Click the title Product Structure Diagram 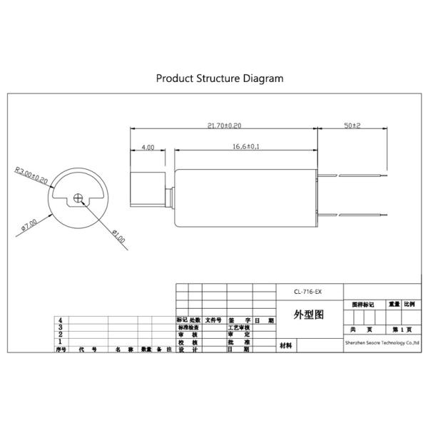[x=220, y=78]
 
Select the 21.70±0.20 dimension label [x=224, y=125]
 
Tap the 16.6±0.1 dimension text [x=245, y=146]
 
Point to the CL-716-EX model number [x=309, y=291]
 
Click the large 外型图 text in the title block [x=309, y=315]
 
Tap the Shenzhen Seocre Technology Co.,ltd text [x=382, y=343]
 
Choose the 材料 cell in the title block [x=287, y=345]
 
